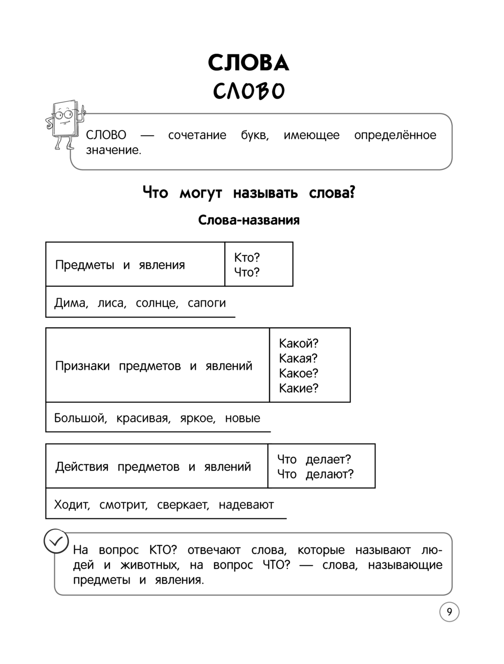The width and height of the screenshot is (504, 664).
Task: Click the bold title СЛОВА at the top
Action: click(248, 63)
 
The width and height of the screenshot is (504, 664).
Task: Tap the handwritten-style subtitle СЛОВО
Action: click(248, 91)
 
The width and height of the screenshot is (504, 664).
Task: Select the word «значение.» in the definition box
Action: click(113, 150)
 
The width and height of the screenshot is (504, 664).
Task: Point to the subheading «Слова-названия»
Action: click(248, 220)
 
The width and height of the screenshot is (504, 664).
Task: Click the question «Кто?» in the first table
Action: click(247, 258)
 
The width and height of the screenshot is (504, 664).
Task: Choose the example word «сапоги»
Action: click(207, 303)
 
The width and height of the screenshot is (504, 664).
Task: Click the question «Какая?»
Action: click(298, 358)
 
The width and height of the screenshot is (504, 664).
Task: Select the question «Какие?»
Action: click(299, 388)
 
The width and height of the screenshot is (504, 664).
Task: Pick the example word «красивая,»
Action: click(143, 418)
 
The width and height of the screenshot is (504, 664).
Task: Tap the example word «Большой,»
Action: click(80, 418)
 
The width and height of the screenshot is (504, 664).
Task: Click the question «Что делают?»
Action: click(316, 474)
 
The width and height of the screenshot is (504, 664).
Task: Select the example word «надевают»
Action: click(246, 505)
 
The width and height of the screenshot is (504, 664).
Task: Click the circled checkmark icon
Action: click(56, 541)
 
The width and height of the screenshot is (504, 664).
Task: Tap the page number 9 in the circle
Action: click(449, 612)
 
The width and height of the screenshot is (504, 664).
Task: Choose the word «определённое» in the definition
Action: click(395, 135)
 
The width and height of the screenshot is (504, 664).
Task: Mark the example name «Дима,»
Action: click(71, 303)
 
